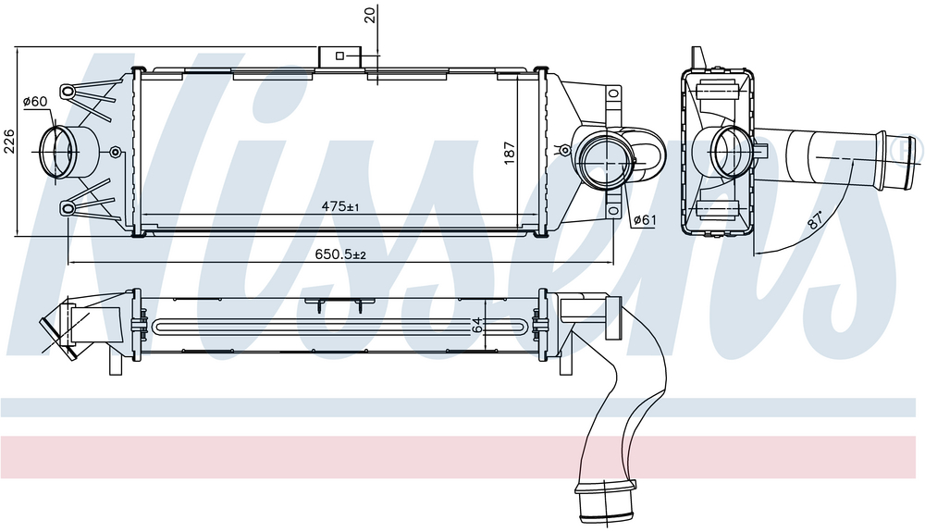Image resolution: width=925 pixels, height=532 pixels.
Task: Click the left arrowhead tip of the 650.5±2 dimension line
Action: pos(68,263)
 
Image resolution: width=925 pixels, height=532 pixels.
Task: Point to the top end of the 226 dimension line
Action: pos(18,47)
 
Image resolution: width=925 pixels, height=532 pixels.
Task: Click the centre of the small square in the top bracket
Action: pos(339,56)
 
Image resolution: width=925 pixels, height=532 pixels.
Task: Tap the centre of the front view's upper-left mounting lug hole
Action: pos(68,92)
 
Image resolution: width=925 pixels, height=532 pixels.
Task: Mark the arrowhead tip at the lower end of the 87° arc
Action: pos(753,254)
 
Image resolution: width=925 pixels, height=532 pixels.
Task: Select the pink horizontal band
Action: pos(462,457)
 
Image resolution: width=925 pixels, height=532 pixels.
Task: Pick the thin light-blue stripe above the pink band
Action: pos(462,407)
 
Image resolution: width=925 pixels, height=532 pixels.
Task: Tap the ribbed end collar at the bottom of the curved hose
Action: pos(607,501)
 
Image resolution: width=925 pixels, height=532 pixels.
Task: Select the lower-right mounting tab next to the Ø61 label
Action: pos(614,211)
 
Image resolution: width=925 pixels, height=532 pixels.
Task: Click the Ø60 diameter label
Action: pos(35,102)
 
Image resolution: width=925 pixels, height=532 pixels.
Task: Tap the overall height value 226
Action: pos(9,142)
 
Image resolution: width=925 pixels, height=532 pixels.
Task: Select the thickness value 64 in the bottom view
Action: pos(476,326)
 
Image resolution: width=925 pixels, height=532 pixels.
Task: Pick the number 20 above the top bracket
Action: pos(371,14)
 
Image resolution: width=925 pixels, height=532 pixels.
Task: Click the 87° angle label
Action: pos(815,220)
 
